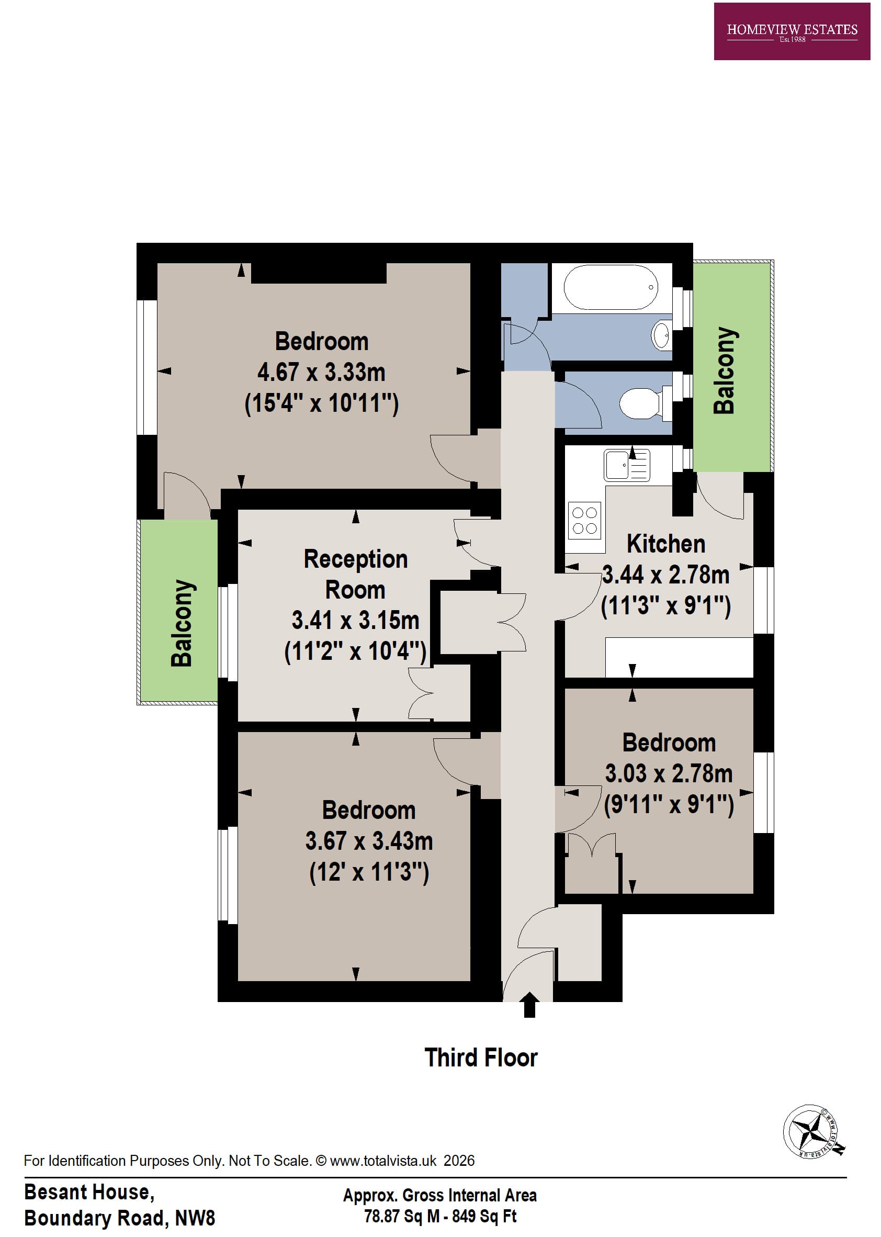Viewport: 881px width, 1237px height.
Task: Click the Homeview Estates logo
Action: (x=792, y=31)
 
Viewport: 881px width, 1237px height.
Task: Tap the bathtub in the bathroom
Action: (x=611, y=287)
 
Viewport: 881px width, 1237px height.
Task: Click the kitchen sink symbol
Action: (x=627, y=465)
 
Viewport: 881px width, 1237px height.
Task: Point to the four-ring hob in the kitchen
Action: (x=584, y=520)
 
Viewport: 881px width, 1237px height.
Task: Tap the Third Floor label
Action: (x=481, y=1058)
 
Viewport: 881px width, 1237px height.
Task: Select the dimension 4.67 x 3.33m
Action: (x=321, y=372)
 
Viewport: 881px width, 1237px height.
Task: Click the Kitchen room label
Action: (x=665, y=544)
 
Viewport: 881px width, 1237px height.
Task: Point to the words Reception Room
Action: (x=355, y=574)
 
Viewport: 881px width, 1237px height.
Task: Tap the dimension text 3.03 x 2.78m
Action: (x=669, y=773)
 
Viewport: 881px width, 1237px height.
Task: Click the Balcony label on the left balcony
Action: (x=182, y=623)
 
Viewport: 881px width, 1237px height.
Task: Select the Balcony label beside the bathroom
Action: (x=724, y=370)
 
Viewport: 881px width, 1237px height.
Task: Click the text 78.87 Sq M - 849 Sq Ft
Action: (x=440, y=1216)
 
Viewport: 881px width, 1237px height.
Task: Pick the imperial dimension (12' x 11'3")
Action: (x=369, y=872)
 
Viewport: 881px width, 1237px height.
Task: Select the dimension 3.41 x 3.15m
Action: (x=355, y=620)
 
